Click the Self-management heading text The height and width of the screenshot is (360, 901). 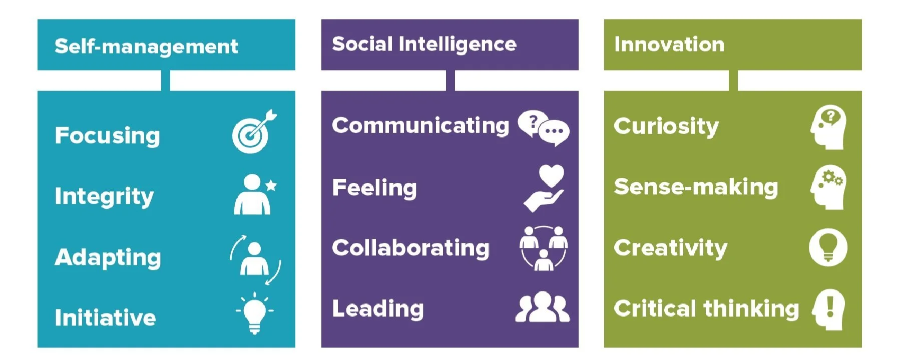click(146, 47)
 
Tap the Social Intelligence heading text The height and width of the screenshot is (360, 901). click(424, 45)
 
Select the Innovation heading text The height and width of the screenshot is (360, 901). click(669, 45)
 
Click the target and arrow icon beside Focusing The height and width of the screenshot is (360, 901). click(254, 132)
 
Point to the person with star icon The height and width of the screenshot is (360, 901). click(254, 195)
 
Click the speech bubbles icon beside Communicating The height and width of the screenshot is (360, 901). click(543, 128)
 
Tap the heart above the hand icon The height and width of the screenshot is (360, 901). click(551, 176)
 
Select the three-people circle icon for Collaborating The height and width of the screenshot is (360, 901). click(544, 248)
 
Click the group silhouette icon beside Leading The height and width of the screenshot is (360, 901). click(543, 307)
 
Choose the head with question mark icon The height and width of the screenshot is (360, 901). click(828, 127)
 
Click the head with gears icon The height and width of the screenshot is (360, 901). click(828, 187)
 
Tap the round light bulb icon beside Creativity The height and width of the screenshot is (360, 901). click(828, 247)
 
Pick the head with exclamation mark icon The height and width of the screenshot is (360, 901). click(828, 309)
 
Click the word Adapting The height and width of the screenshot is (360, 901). click(108, 257)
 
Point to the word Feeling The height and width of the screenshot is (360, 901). click(374, 188)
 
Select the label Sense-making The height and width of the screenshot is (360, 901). click(696, 187)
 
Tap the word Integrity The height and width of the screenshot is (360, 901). click(104, 196)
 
